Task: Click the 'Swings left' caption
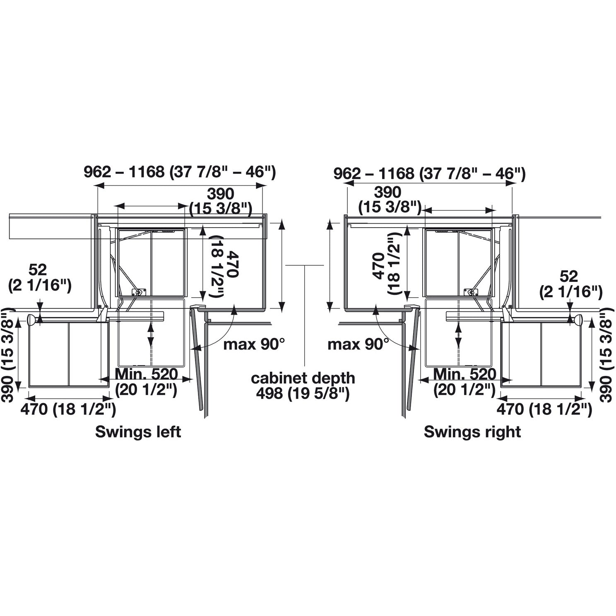pos(138,432)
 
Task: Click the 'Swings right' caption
pos(472,432)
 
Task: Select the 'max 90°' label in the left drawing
pos(254,344)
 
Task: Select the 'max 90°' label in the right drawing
pos(359,344)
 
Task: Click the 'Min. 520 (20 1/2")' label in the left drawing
pos(146,382)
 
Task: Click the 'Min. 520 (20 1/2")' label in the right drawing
pos(464,382)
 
